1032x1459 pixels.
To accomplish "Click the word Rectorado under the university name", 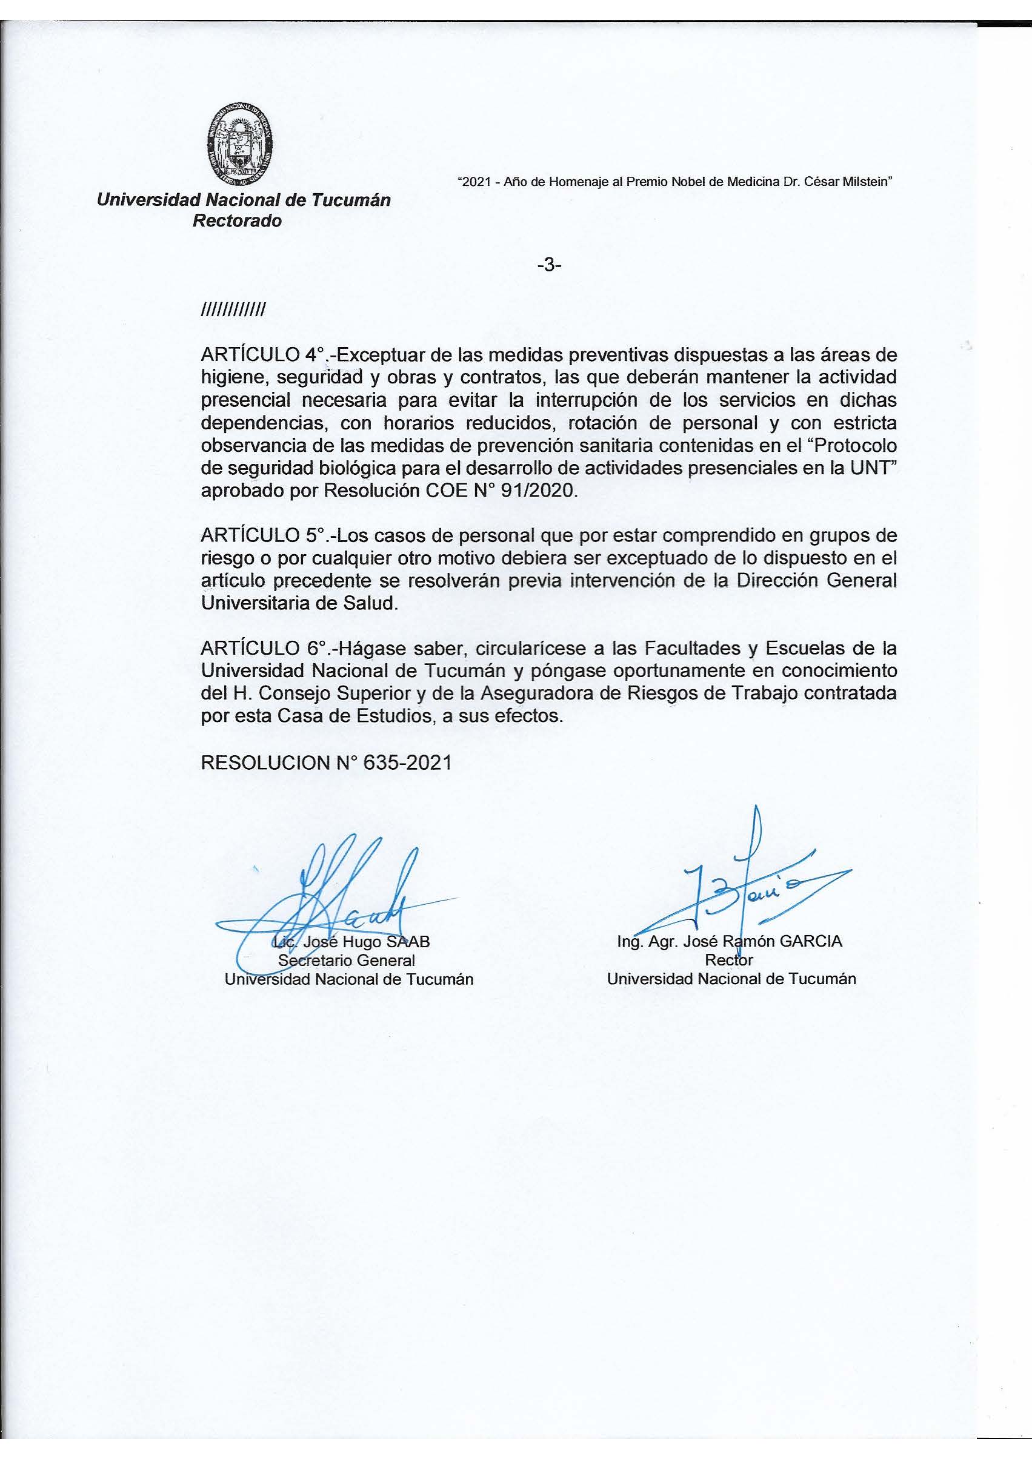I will click(x=237, y=221).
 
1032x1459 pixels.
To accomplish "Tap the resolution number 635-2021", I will click(x=407, y=763).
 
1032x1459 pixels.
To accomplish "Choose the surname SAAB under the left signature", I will click(x=408, y=942).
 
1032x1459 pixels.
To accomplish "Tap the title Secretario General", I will click(x=347, y=960).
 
